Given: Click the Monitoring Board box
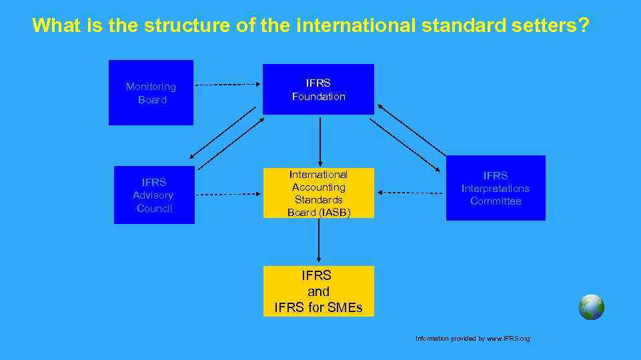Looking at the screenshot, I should click(151, 93).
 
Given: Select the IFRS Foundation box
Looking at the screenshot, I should click(318, 89).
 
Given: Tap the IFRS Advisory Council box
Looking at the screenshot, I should click(154, 195).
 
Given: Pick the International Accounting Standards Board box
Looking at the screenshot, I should click(318, 193).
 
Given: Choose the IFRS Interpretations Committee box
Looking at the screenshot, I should click(496, 188).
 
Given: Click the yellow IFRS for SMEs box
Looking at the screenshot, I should click(318, 291).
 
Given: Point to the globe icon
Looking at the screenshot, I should click(591, 307).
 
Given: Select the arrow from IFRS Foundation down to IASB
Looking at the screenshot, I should click(320, 141).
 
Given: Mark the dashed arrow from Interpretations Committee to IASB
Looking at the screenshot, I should click(410, 192).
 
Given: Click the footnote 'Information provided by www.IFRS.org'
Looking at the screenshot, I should click(472, 339).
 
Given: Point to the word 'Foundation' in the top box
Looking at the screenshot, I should click(318, 97).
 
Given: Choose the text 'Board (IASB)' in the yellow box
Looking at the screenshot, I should click(318, 212).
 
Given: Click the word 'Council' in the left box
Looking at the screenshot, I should click(154, 208).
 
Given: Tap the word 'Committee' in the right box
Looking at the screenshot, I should click(496, 201).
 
